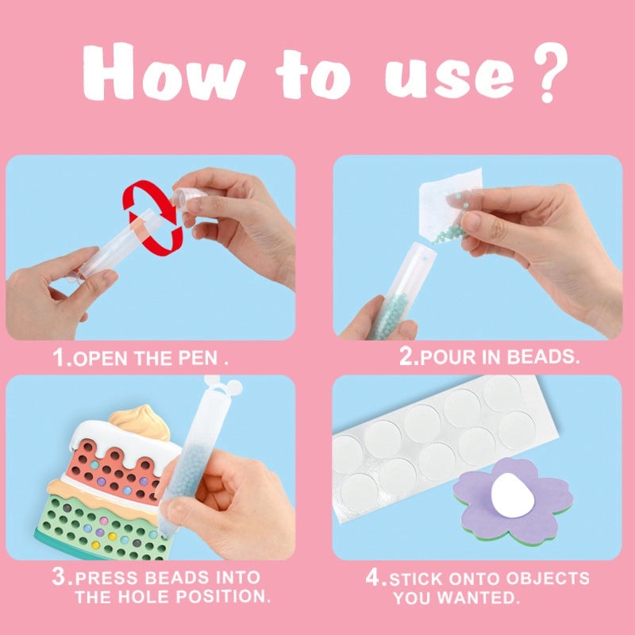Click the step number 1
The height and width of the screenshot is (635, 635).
(x=61, y=357)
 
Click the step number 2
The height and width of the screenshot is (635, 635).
(x=409, y=357)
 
